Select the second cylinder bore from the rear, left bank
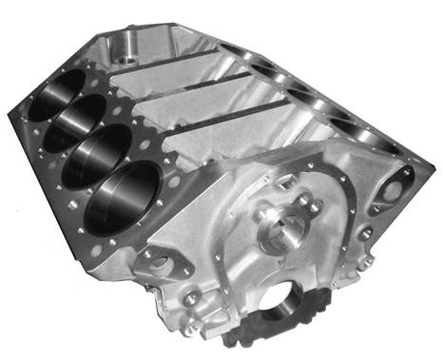click(x=83, y=121)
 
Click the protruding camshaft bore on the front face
click(x=286, y=228)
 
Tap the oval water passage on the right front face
click(x=392, y=189)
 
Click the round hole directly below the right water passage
click(x=364, y=232)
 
